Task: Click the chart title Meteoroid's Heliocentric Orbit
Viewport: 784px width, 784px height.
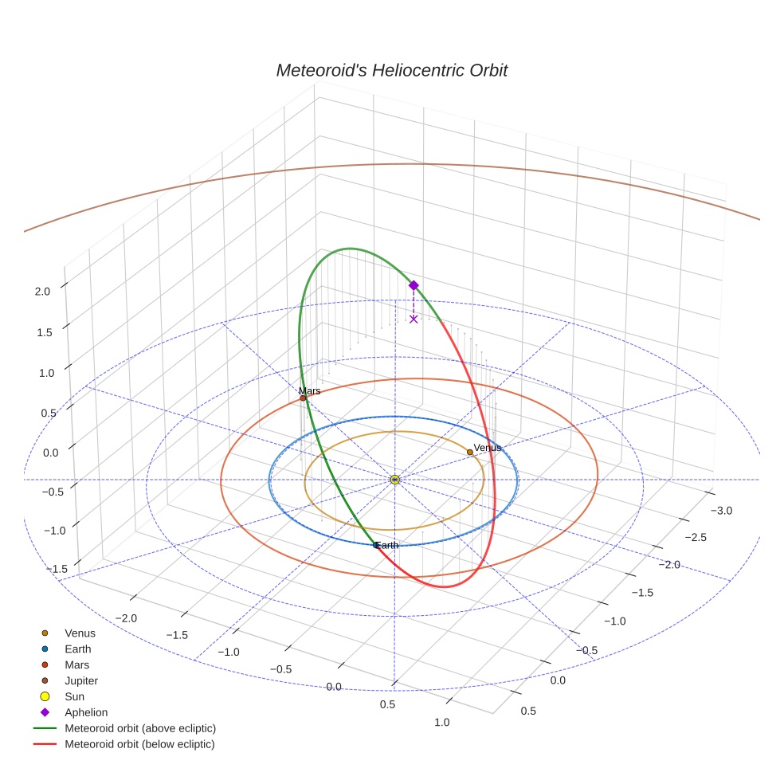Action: pyautogui.click(x=391, y=70)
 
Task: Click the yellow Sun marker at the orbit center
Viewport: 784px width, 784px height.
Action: pyautogui.click(x=395, y=480)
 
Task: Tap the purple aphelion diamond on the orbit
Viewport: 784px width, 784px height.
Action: pyautogui.click(x=414, y=285)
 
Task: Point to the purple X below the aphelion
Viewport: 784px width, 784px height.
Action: pyautogui.click(x=414, y=319)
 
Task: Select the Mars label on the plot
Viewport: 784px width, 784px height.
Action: pyautogui.click(x=309, y=390)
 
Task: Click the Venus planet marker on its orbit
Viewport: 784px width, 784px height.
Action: pyautogui.click(x=470, y=452)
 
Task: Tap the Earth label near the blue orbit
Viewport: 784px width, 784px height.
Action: pyautogui.click(x=387, y=545)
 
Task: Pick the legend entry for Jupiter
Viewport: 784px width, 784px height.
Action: pyautogui.click(x=81, y=681)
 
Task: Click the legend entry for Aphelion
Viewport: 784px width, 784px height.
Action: pyautogui.click(x=86, y=712)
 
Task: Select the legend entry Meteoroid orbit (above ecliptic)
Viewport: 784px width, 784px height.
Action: pyautogui.click(x=139, y=728)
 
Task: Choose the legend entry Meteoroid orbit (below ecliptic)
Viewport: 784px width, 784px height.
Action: pyautogui.click(x=139, y=744)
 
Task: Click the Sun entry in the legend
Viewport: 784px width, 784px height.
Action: pyautogui.click(x=74, y=696)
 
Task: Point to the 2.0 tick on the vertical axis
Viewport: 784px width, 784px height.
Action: pyautogui.click(x=42, y=292)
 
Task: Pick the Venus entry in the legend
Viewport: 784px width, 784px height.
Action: pyautogui.click(x=80, y=633)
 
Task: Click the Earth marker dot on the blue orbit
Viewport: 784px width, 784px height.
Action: pyautogui.click(x=376, y=545)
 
